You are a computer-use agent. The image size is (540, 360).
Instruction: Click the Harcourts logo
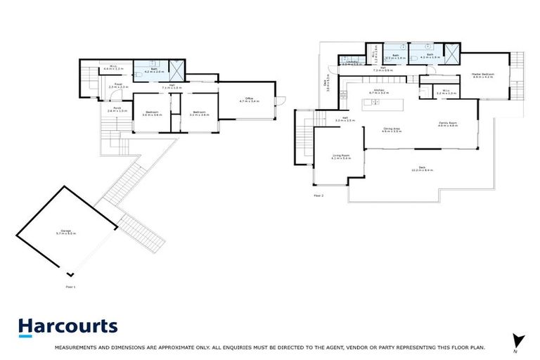click(67, 327)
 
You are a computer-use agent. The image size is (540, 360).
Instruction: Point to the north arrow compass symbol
click(519, 341)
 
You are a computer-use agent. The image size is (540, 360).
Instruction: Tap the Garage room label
click(67, 232)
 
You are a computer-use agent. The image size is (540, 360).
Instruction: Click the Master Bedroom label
click(482, 75)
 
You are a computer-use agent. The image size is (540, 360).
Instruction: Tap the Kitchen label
click(377, 91)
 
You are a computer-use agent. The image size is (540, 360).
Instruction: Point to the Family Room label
click(448, 124)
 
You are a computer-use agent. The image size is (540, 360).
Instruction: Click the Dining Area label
click(392, 130)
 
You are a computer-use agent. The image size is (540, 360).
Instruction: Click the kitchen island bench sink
click(375, 103)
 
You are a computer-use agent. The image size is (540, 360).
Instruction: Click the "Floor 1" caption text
click(70, 288)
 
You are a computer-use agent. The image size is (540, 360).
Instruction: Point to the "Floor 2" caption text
click(319, 195)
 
